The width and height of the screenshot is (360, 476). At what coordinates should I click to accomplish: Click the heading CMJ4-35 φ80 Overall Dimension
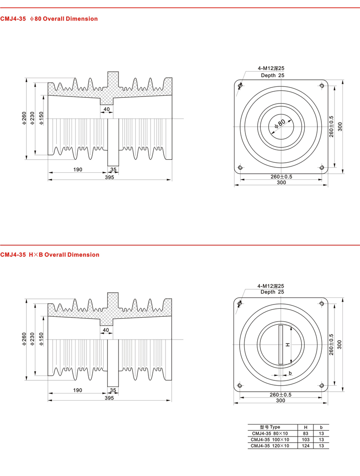pos(49,19)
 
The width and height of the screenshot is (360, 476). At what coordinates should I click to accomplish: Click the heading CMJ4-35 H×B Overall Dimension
pos(50,254)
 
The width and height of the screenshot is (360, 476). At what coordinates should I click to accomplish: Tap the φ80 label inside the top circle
pos(280,123)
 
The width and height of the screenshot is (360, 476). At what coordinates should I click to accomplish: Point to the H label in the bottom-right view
pos(288,345)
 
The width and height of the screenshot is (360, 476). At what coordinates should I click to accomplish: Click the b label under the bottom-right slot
pos(290,373)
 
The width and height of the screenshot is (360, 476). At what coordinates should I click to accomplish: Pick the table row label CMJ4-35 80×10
pos(270,433)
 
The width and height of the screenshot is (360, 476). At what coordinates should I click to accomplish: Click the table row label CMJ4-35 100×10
pos(270,439)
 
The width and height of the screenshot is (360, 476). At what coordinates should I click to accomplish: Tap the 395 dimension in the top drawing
pos(109,177)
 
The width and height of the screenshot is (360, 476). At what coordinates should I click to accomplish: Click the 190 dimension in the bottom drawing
pos(77,390)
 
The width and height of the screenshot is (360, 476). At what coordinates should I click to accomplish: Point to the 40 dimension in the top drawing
pos(106,109)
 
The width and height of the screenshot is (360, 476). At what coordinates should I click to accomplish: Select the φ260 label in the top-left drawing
pos(25,118)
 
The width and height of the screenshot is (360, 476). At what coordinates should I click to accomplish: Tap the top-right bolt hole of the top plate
pos(322,86)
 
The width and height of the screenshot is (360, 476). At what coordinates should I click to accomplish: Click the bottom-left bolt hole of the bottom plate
pos(240,386)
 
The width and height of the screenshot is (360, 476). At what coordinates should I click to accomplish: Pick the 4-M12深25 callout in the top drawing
pos(271,69)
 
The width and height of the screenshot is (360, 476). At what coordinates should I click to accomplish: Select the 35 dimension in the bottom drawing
pos(113,390)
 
